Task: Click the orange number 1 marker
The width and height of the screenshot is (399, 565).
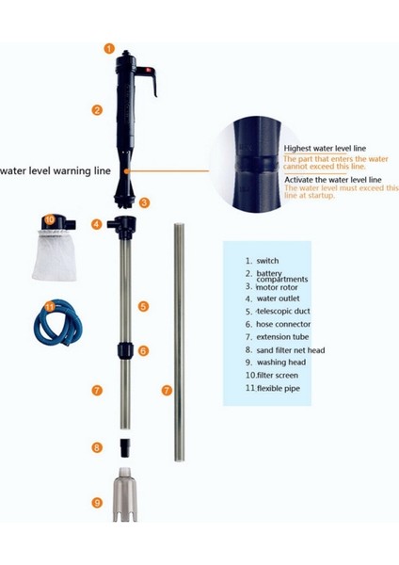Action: click(108, 48)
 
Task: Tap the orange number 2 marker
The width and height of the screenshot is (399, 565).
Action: click(97, 110)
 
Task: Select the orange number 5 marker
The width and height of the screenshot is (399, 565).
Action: click(143, 306)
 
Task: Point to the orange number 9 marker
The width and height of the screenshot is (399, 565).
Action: click(96, 503)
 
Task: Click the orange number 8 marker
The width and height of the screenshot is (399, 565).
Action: click(96, 448)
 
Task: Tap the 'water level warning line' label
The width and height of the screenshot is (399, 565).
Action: click(56, 170)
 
